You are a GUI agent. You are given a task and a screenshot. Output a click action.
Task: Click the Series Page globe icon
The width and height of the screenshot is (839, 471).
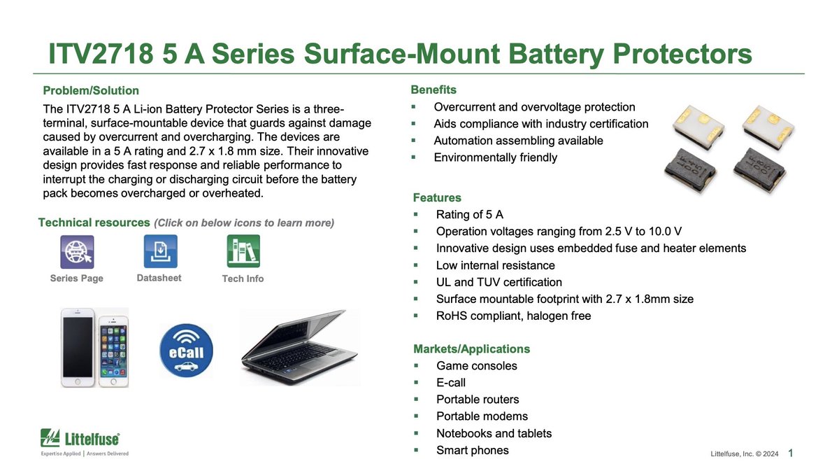(x=77, y=252)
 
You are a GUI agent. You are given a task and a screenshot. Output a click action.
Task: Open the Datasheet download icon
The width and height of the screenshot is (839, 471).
(x=160, y=251)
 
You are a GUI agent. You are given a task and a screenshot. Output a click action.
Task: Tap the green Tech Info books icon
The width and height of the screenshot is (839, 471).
(x=243, y=251)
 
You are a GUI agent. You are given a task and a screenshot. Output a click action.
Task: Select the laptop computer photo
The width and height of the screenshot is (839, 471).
(x=301, y=348)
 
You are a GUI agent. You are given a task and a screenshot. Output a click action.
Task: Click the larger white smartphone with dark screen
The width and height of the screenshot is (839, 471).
(x=78, y=348)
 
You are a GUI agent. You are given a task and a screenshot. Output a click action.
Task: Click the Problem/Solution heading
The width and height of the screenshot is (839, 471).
(x=91, y=91)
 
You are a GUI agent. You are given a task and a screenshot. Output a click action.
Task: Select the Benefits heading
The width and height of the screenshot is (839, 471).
(x=433, y=90)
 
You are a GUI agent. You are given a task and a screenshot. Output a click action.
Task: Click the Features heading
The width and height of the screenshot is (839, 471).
(x=437, y=197)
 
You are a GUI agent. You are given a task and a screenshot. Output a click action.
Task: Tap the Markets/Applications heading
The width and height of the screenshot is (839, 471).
(x=471, y=349)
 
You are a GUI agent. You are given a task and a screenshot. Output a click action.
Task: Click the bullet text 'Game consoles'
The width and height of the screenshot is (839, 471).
(x=476, y=366)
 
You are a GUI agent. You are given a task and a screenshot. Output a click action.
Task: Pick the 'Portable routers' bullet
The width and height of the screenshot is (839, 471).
(x=478, y=400)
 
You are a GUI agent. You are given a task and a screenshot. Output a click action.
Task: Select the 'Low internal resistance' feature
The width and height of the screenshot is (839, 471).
(x=495, y=265)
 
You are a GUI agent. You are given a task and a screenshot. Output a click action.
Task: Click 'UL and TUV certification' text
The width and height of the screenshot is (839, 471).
(x=499, y=282)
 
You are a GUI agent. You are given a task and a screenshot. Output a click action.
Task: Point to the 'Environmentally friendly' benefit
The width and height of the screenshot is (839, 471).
(x=495, y=157)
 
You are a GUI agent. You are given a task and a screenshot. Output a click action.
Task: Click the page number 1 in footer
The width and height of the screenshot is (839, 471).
(x=790, y=454)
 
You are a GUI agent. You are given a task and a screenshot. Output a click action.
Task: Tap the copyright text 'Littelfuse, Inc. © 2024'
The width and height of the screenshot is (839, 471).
(x=744, y=455)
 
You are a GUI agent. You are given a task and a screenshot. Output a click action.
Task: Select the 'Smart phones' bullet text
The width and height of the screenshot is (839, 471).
(x=472, y=450)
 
